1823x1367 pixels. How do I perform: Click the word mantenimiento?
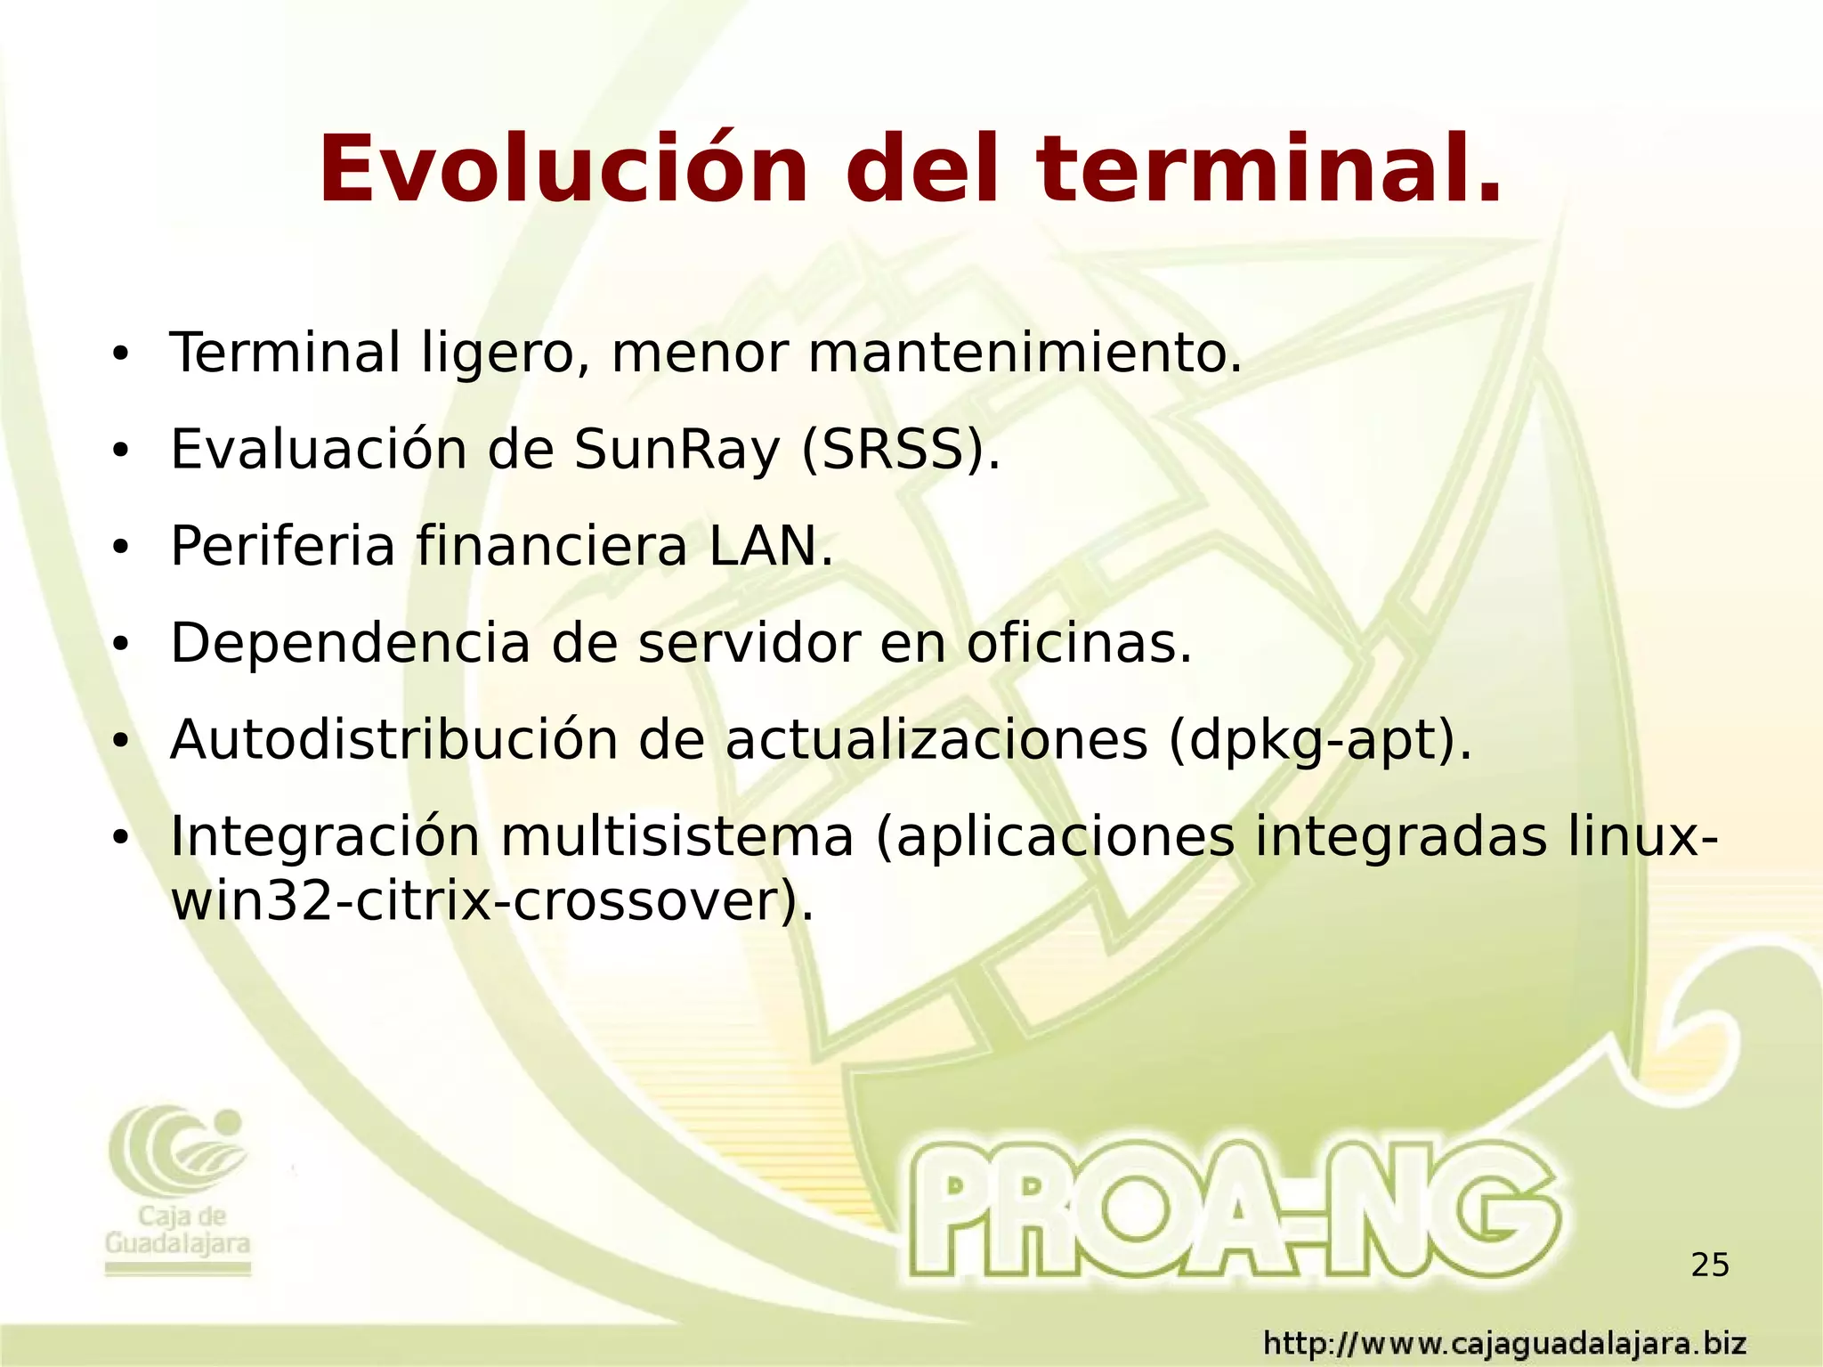[1024, 353]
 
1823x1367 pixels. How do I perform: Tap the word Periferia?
[282, 546]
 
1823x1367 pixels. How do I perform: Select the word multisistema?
[677, 837]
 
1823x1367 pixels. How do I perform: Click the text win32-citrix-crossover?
[490, 902]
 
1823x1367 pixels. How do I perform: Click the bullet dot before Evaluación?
[120, 452]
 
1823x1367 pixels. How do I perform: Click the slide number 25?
[1709, 1265]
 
